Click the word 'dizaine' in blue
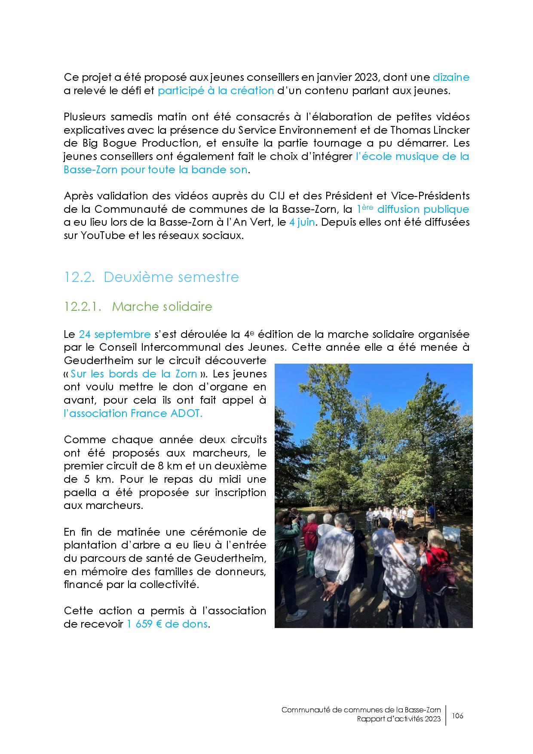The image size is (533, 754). click(x=450, y=77)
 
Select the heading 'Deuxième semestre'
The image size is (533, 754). click(x=171, y=277)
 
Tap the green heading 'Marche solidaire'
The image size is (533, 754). click(x=162, y=307)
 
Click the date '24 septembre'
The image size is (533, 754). click(x=115, y=334)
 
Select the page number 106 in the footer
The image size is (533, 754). click(x=457, y=716)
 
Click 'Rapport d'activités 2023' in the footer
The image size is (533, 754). click(x=398, y=719)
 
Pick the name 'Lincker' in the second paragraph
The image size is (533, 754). click(x=450, y=130)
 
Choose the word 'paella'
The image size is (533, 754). click(x=79, y=493)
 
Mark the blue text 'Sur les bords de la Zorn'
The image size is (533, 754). click(x=134, y=374)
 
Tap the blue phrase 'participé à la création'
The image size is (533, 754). click(x=216, y=91)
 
